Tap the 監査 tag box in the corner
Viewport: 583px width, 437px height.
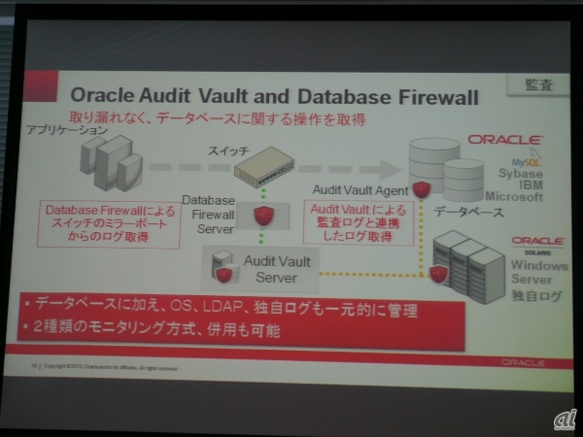(x=537, y=84)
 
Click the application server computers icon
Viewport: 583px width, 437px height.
(x=110, y=162)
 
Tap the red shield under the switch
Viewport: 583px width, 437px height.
(x=259, y=216)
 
